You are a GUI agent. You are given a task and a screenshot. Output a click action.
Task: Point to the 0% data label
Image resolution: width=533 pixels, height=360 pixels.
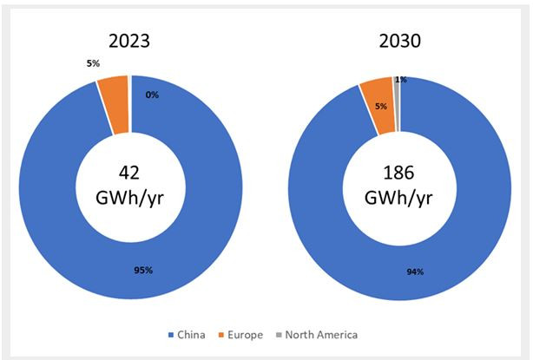[x=152, y=95]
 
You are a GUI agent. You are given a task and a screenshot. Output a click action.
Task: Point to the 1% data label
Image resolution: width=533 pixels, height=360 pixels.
[x=400, y=80]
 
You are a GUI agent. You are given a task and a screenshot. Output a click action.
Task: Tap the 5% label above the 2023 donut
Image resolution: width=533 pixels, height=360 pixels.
[x=92, y=63]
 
